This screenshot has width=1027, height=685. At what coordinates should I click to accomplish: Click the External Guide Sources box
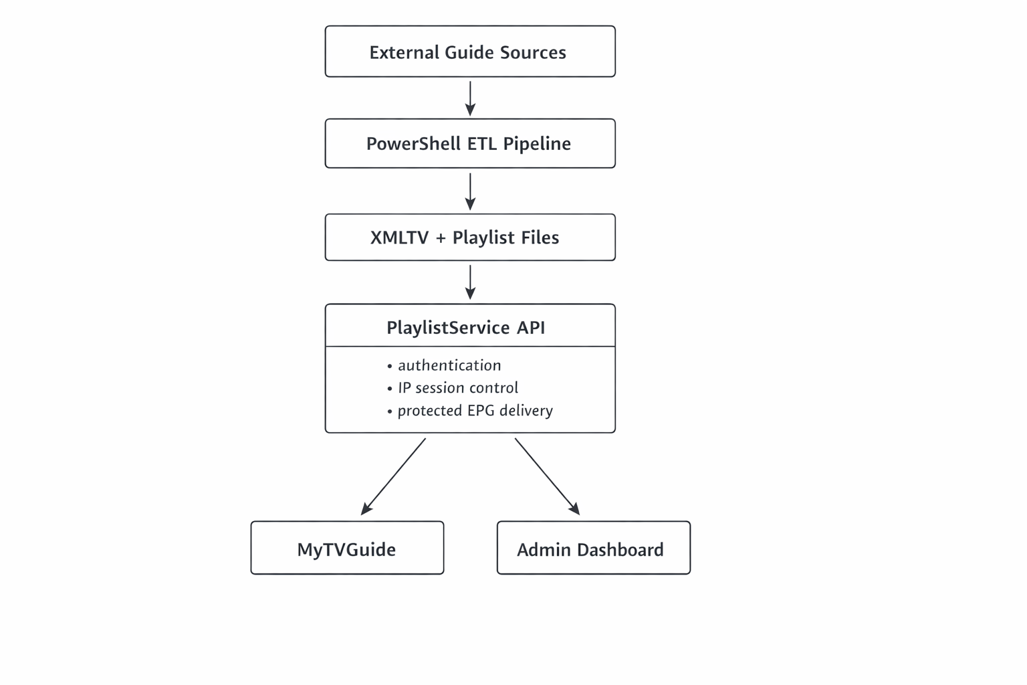[x=469, y=52]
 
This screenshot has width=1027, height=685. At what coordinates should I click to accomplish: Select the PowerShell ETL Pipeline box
[x=469, y=143]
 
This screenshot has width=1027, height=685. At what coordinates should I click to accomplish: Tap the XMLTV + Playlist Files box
[x=469, y=237]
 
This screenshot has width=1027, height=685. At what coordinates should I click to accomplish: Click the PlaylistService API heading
[x=466, y=327]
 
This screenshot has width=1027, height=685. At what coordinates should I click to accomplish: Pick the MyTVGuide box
[x=347, y=549]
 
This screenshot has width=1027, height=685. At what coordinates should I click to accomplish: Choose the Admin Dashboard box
[x=593, y=549]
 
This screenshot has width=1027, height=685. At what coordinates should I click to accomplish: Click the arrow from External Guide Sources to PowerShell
[x=470, y=98]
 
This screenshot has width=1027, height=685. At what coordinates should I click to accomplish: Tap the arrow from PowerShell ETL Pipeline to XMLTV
[x=470, y=191]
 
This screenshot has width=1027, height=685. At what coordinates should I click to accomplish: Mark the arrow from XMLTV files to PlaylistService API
[x=470, y=282]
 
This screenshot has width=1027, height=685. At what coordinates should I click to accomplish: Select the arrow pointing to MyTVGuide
[x=394, y=476]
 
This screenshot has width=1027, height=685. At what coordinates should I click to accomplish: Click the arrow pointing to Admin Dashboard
[x=546, y=476]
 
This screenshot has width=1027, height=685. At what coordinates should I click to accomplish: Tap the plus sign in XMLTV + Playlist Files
[x=440, y=238]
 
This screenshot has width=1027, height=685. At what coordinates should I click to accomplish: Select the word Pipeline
[x=537, y=144]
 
